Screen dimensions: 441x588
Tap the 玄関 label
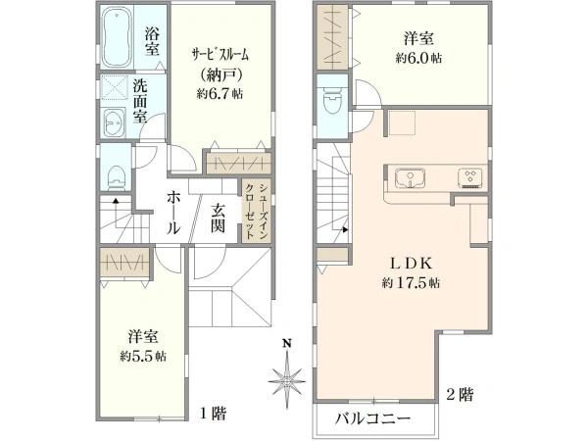coord(219,217)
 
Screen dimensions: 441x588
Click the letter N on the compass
coord(287,343)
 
